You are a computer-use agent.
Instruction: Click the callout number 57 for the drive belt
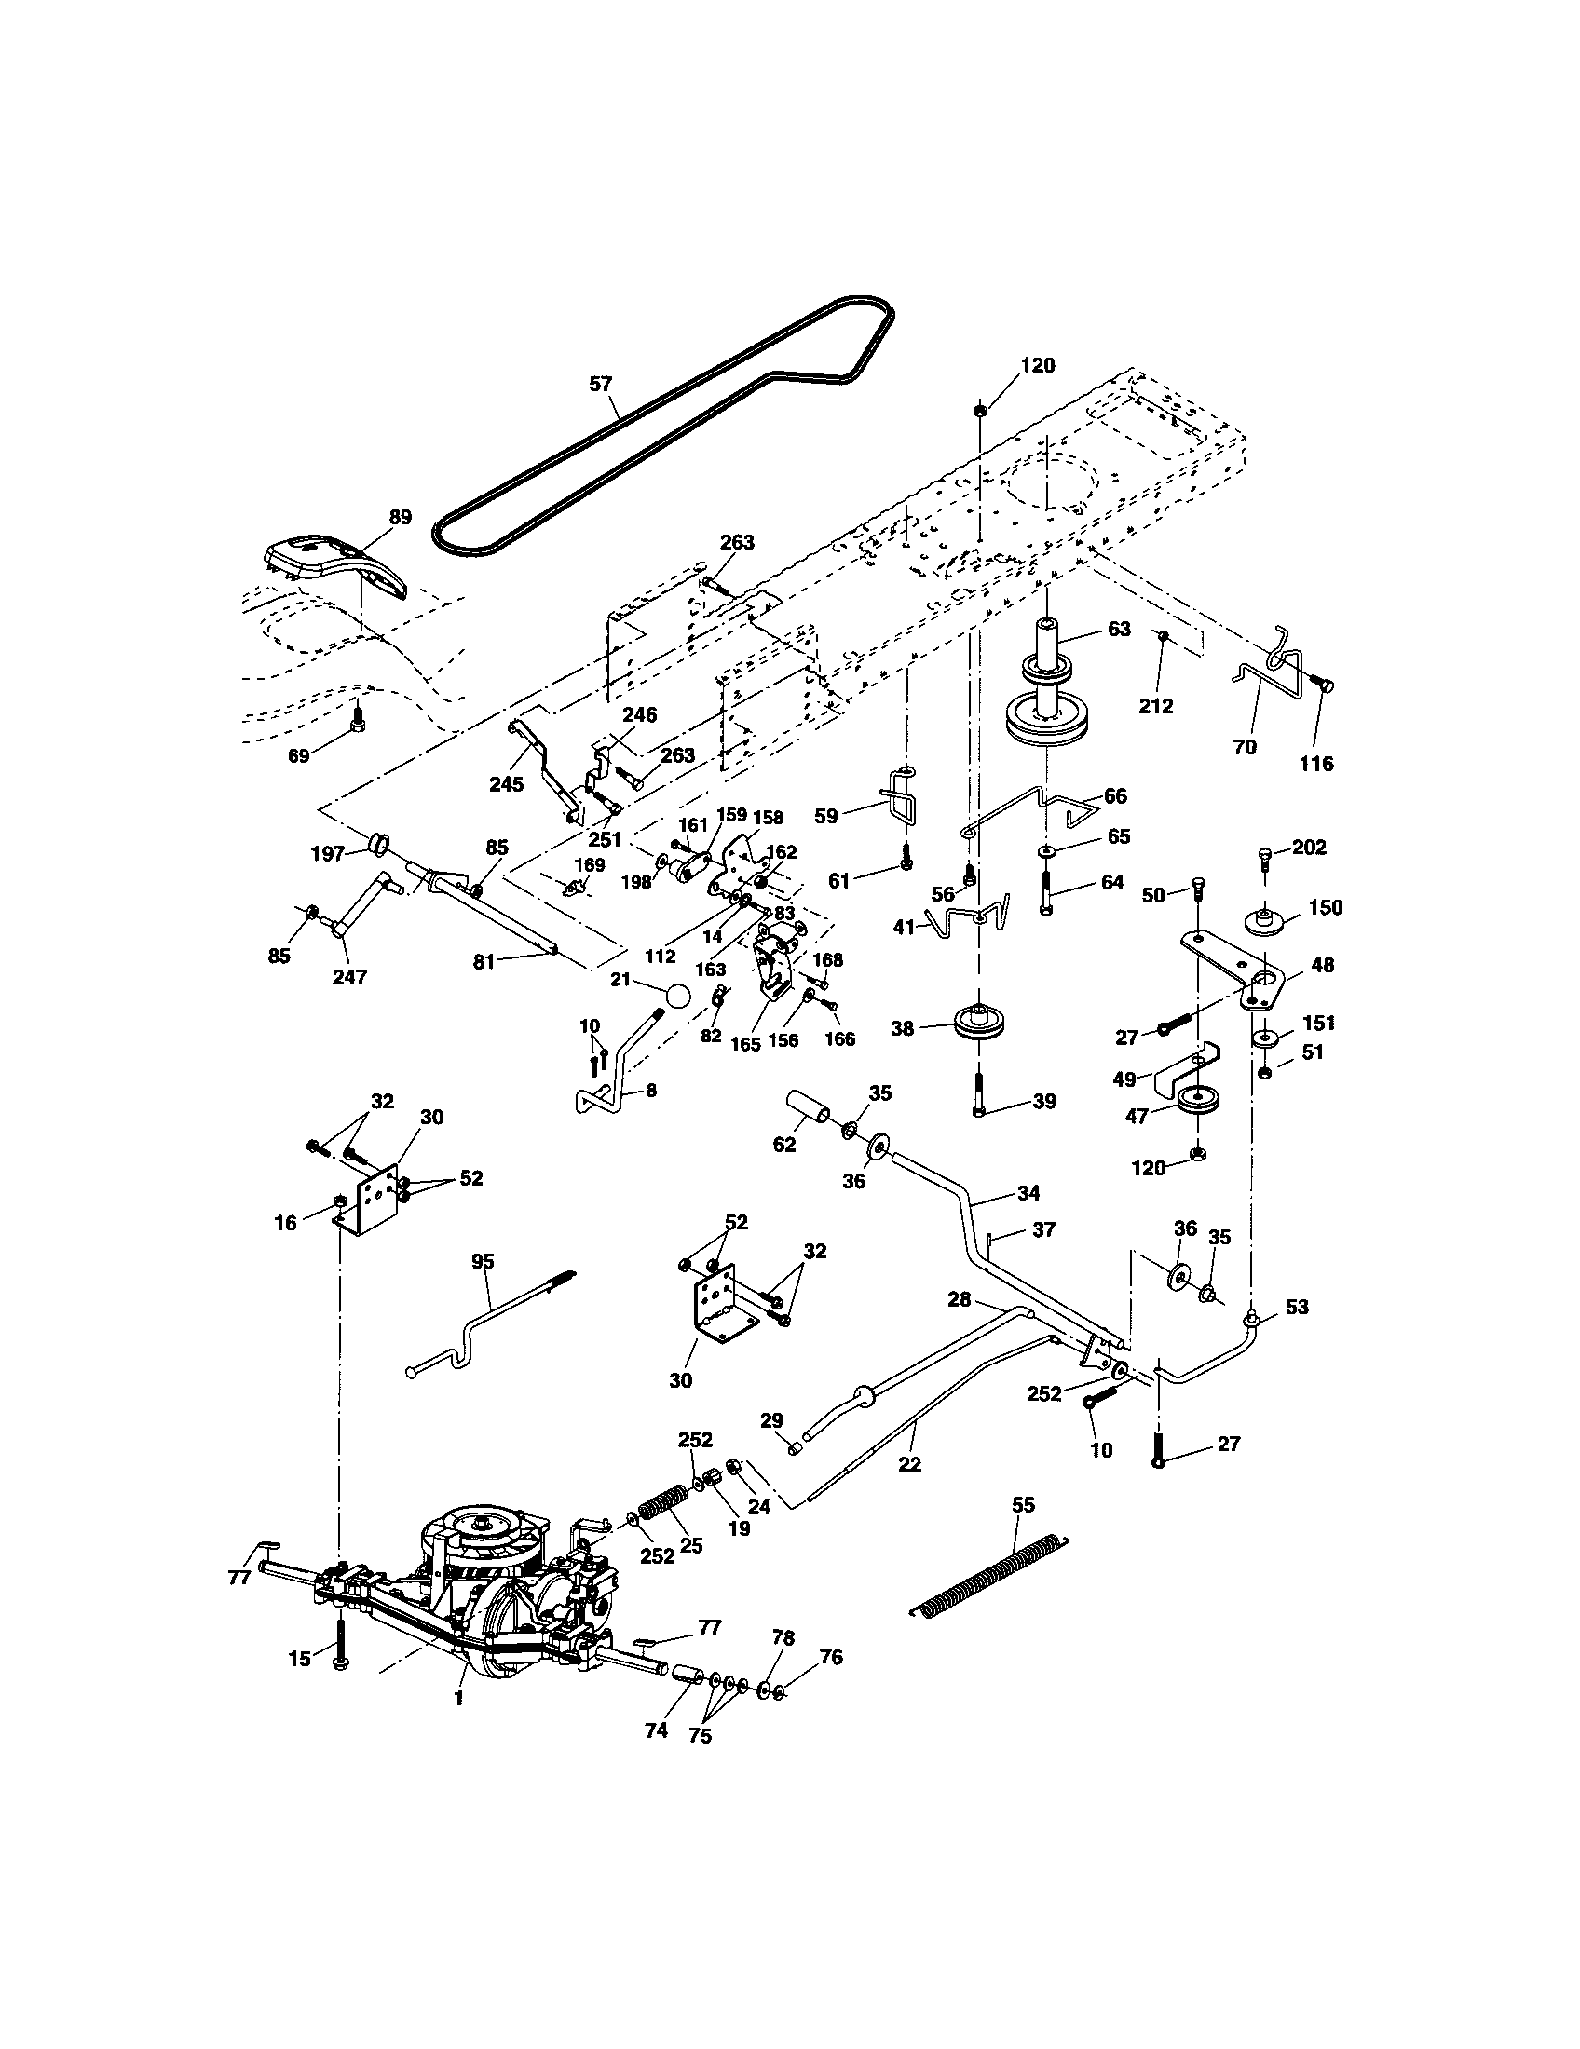(600, 384)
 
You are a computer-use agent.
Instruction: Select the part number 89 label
(401, 517)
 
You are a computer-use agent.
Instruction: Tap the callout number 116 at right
(1316, 764)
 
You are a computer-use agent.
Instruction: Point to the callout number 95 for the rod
(483, 1261)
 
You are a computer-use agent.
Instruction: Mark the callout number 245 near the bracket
(507, 784)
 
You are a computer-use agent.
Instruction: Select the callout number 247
(349, 977)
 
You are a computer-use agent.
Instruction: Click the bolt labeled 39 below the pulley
(979, 1093)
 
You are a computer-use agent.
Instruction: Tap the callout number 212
(1156, 706)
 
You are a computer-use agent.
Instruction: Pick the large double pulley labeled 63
(1048, 694)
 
